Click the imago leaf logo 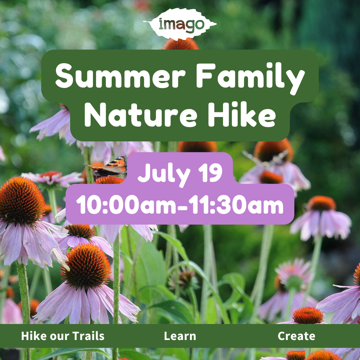coord(180,24)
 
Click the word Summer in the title coord(120,75)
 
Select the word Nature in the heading coord(141,114)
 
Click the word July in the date coord(164,174)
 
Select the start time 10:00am coord(126,204)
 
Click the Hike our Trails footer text coord(63,336)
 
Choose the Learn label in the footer coord(180,336)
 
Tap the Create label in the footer coord(296,336)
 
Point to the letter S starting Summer coord(64,76)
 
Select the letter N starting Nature coord(95,115)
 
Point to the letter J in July coord(144,173)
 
